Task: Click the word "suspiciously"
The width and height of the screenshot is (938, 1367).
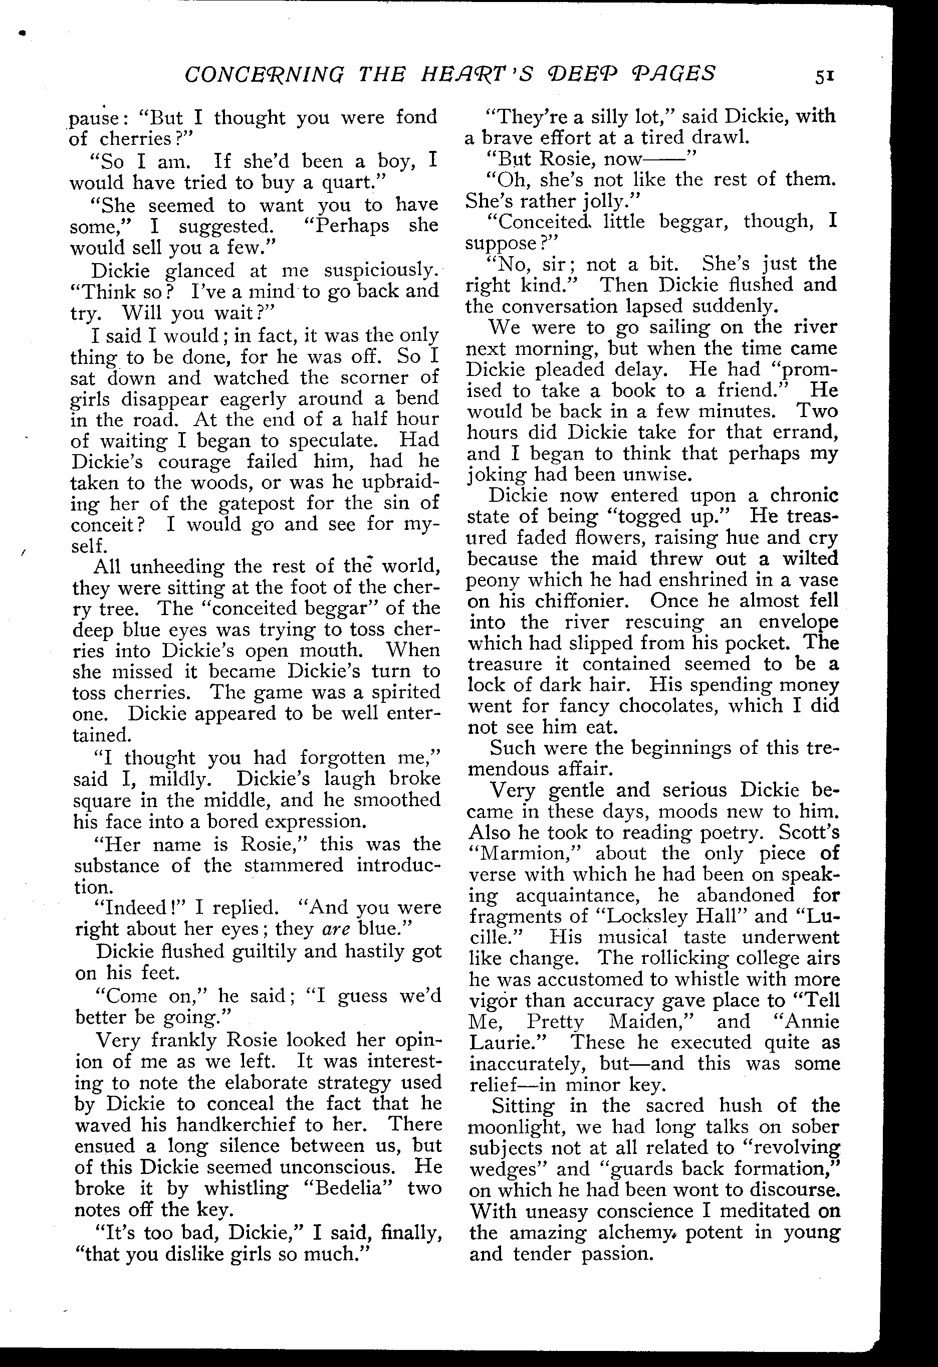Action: click(x=380, y=270)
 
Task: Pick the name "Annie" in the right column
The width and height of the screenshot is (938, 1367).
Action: click(x=810, y=1021)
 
